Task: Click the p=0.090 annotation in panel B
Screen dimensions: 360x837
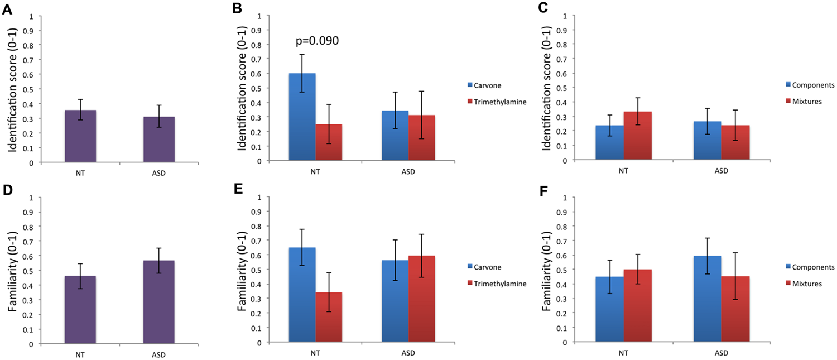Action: tap(316, 41)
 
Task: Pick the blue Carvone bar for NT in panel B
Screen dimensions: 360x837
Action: tap(302, 117)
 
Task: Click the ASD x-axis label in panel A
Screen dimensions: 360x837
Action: tap(158, 173)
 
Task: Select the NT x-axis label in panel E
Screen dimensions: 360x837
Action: tap(315, 353)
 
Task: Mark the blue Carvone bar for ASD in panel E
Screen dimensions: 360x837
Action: tap(395, 301)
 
